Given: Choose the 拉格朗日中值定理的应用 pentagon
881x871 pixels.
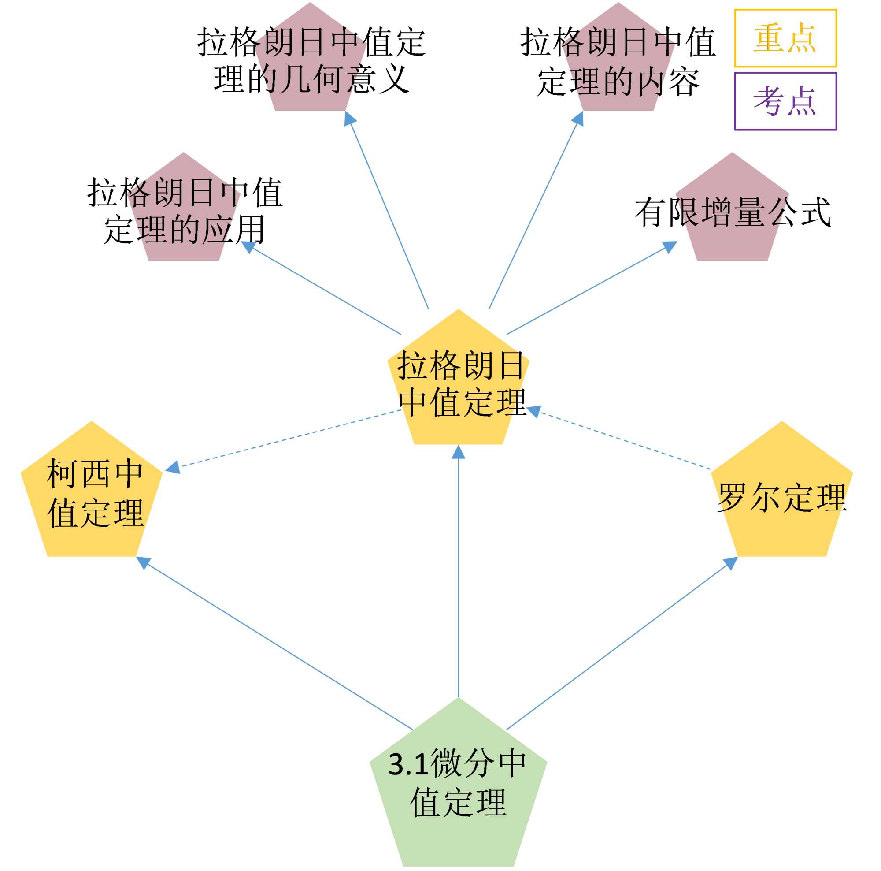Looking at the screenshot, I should (x=184, y=214).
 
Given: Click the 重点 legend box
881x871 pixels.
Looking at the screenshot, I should (x=785, y=38).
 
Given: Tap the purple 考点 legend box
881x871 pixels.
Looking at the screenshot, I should (x=785, y=101).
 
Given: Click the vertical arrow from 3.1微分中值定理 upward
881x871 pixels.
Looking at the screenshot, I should (x=458, y=593).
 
